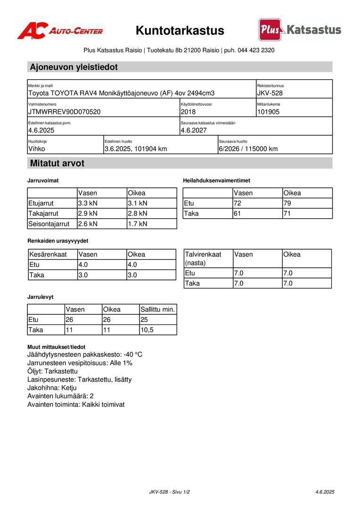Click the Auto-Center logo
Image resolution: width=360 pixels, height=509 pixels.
point(60,31)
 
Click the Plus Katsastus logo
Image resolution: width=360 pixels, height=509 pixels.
point(300,30)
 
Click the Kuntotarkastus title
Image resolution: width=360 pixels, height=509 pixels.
point(180,31)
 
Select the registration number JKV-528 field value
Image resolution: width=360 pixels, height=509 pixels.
point(270,93)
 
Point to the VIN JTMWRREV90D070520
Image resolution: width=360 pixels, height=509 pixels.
point(65,112)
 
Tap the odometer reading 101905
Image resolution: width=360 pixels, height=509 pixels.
point(268,112)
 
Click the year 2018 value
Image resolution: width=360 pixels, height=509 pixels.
point(188,112)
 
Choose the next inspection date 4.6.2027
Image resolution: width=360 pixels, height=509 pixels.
point(194,131)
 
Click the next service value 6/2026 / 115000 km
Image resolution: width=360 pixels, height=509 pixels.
point(248,149)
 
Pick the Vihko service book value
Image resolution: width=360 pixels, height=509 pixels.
point(37,149)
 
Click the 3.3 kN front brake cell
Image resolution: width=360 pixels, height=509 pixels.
point(88,203)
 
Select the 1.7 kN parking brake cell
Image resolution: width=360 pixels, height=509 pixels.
point(138,224)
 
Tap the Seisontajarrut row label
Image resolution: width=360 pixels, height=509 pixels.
point(49,224)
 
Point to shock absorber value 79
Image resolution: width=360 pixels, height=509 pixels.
point(287,203)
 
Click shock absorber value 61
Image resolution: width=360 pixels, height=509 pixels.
point(237,213)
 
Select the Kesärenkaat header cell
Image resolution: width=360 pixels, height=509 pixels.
point(48,254)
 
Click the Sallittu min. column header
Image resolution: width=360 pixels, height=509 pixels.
point(158,310)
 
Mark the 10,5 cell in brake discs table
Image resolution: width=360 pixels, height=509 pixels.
point(147,330)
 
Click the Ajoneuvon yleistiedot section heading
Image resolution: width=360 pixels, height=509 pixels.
point(74,67)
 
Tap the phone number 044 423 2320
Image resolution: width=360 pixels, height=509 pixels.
point(256,50)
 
